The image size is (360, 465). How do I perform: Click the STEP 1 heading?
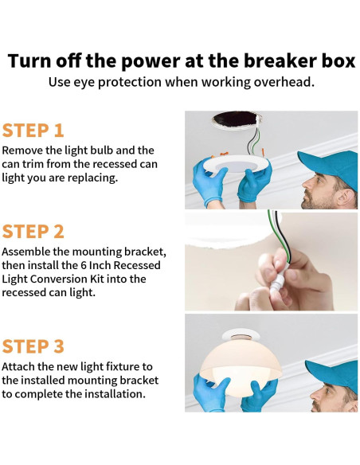click(x=33, y=131)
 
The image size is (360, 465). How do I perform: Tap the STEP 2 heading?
click(x=33, y=232)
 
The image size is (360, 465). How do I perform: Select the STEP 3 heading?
click(x=33, y=346)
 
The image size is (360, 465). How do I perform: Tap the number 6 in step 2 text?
click(x=84, y=265)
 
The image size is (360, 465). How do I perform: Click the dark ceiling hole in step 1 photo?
click(x=235, y=119)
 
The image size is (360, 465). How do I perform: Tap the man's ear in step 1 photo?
click(x=346, y=197)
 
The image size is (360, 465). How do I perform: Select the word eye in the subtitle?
click(x=84, y=83)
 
